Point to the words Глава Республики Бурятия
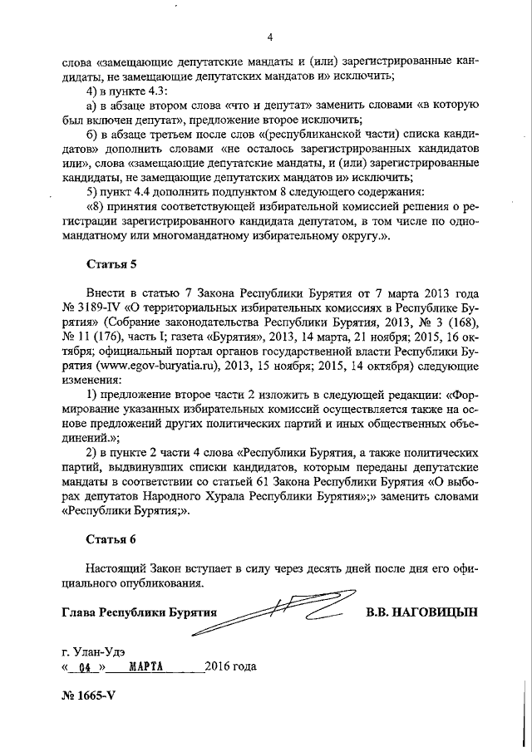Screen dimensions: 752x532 [x=139, y=612]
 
